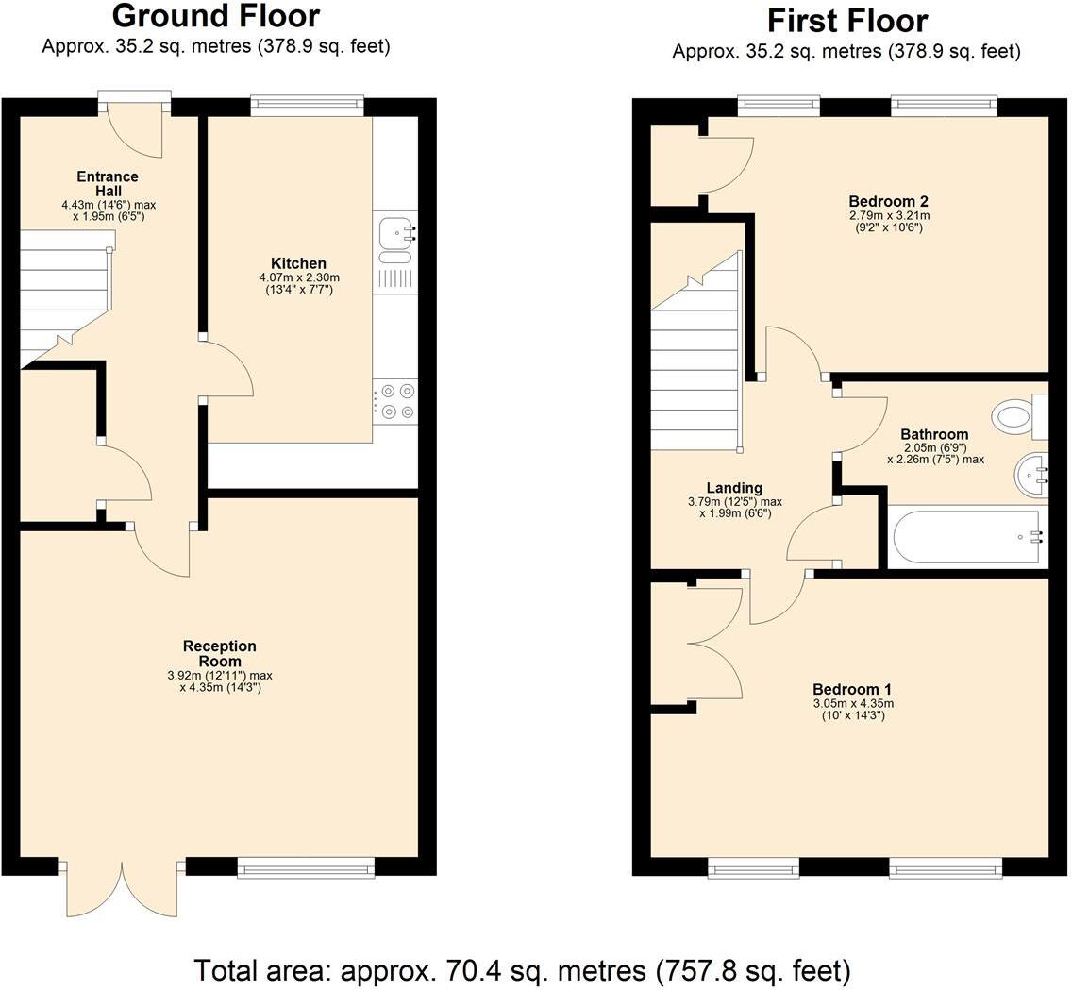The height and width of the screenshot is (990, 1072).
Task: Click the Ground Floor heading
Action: (215, 16)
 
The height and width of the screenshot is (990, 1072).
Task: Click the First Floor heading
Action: (846, 21)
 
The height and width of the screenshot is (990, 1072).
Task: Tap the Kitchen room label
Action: (298, 263)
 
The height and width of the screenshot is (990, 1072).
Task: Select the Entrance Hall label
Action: (108, 183)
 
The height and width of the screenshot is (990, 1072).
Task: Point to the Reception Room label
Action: (219, 653)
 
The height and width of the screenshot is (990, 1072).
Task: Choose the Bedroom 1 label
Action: (852, 689)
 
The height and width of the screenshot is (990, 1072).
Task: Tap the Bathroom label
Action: (934, 434)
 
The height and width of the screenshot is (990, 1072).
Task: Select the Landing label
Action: (734, 488)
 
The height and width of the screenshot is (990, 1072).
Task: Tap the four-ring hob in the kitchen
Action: (395, 401)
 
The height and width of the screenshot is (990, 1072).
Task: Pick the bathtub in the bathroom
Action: (967, 538)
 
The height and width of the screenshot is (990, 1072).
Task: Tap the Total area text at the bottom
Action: (522, 969)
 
